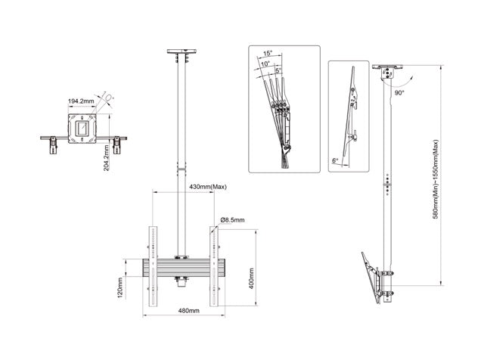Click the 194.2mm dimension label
(81, 100)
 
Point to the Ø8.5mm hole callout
(233, 220)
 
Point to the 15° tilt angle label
(268, 54)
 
